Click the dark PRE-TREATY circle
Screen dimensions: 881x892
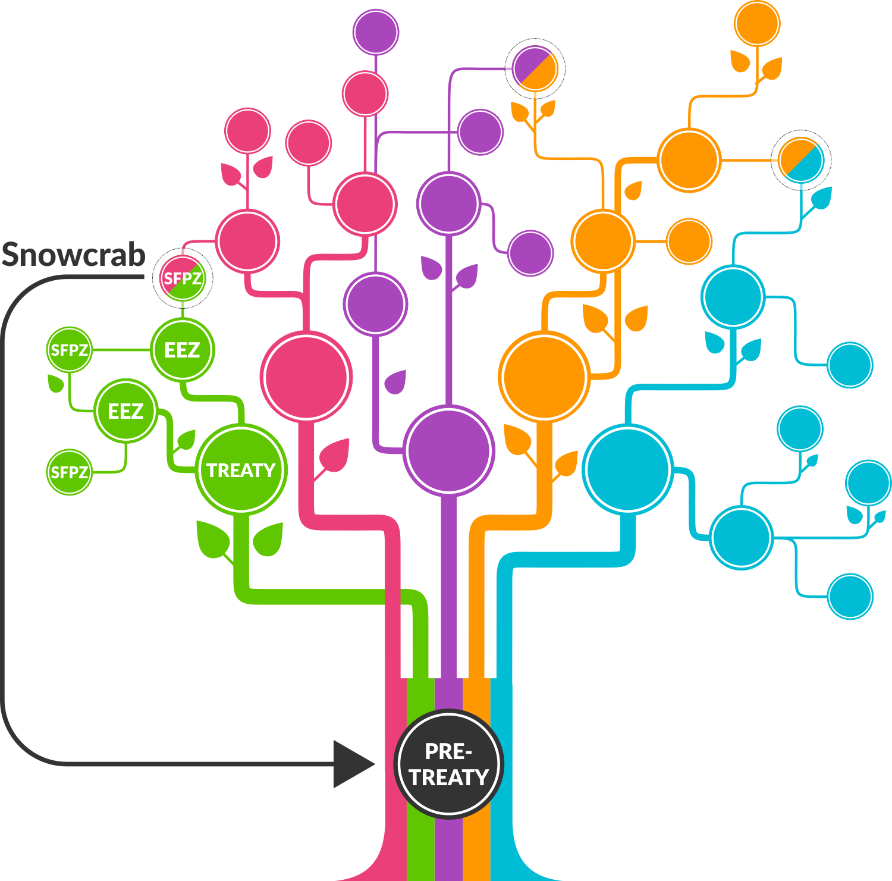click(448, 764)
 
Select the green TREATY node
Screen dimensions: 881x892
click(241, 470)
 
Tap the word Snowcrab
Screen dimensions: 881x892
click(74, 255)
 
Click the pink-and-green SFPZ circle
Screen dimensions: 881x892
click(183, 278)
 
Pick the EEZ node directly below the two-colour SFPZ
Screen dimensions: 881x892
click(182, 350)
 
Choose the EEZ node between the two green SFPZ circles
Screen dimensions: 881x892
click(125, 411)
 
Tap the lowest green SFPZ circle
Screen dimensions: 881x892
click(70, 472)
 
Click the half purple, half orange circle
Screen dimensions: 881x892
click(535, 68)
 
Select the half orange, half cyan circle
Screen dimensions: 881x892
click(801, 160)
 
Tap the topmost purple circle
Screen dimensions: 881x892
click(375, 32)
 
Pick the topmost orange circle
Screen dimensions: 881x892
click(757, 24)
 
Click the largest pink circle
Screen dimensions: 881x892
click(306, 377)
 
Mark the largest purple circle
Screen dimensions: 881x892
click(449, 450)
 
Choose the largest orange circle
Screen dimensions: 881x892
click(544, 377)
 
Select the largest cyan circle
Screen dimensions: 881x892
click(628, 469)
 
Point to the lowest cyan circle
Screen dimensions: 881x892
click(850, 596)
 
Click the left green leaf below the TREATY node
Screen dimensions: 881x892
click(212, 538)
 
